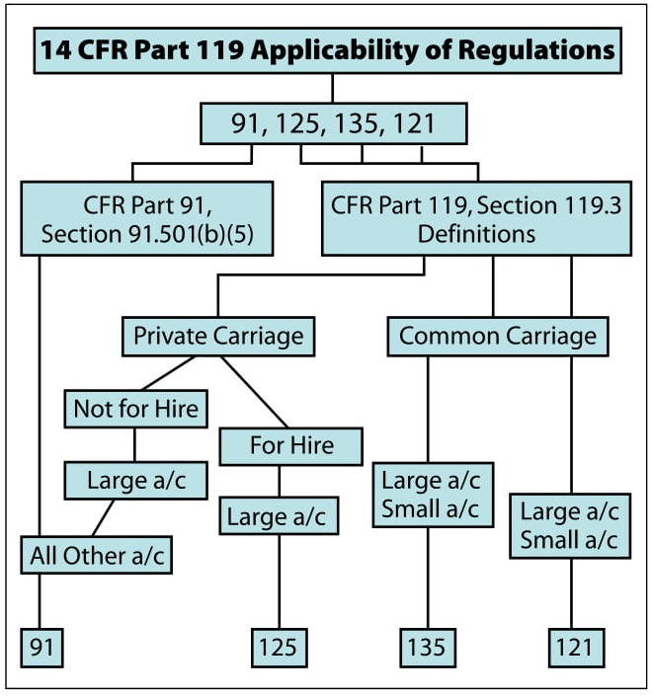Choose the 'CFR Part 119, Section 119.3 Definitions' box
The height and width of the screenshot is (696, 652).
(x=475, y=221)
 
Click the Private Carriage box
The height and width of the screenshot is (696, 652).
(x=217, y=336)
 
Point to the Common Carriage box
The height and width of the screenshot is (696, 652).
(x=497, y=336)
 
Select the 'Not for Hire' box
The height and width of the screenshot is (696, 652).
(x=135, y=407)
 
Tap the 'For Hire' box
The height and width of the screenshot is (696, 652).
(x=290, y=445)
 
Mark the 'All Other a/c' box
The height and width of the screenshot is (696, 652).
(x=96, y=555)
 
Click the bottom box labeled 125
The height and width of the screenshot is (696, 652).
(x=277, y=647)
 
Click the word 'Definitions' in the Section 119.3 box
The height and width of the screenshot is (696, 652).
(x=476, y=235)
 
